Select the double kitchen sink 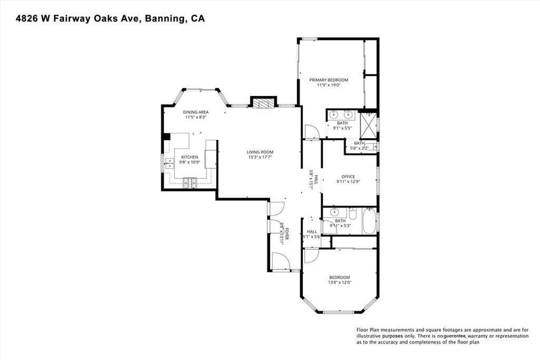[169, 162]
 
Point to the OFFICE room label [348, 177]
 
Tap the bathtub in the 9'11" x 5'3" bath [369, 221]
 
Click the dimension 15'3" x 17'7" [260, 157]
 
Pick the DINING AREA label [196, 112]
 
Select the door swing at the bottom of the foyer [279, 261]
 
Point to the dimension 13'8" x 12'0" [340, 283]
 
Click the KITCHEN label [190, 157]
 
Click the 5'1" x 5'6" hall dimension [312, 237]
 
